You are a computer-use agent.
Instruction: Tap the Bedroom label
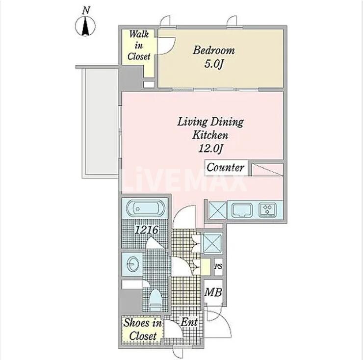pyautogui.click(x=214, y=51)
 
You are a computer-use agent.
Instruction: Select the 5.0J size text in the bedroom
pyautogui.click(x=213, y=64)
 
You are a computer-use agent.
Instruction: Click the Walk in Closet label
pyautogui.click(x=139, y=45)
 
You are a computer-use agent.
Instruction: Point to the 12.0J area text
pyautogui.click(x=210, y=149)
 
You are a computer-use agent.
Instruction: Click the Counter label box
pyautogui.click(x=226, y=167)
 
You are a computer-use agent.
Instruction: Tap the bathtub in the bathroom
pyautogui.click(x=145, y=208)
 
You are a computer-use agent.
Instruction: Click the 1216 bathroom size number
pyautogui.click(x=146, y=230)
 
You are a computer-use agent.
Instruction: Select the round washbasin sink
pyautogui.click(x=132, y=263)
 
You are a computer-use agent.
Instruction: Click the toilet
pyautogui.click(x=156, y=300)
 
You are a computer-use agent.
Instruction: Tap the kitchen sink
pyautogui.click(x=242, y=210)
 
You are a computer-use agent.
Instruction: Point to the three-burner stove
pyautogui.click(x=268, y=210)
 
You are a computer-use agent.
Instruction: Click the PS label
pyautogui.click(x=218, y=266)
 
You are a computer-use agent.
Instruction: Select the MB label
pyautogui.click(x=213, y=292)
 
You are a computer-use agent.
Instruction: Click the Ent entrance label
pyautogui.click(x=189, y=322)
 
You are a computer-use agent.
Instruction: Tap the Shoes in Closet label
pyautogui.click(x=143, y=329)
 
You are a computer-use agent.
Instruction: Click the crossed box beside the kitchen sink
pyautogui.click(x=217, y=210)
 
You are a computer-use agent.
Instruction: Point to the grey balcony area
pyautogui.click(x=101, y=122)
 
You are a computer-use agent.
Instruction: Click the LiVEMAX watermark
pyautogui.click(x=183, y=180)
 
